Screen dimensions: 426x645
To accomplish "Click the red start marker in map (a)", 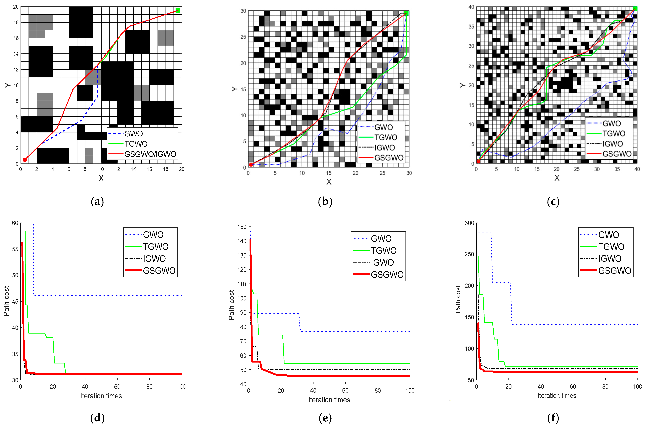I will coord(25,160).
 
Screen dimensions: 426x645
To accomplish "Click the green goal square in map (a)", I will coord(178,11).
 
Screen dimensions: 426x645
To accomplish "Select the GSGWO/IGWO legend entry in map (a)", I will coord(150,154).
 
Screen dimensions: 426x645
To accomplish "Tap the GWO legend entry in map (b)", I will coord(383,127).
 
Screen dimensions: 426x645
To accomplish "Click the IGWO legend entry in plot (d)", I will coord(154,259).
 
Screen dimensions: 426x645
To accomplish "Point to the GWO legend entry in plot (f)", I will coord(609,235).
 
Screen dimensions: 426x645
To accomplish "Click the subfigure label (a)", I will coord(97,202).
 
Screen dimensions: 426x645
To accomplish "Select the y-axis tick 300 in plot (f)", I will coord(469,223).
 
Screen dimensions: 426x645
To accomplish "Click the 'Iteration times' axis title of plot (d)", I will coord(101,396).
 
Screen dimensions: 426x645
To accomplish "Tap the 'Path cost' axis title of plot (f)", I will coord(458,299).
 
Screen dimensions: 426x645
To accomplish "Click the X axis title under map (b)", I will coord(329,182).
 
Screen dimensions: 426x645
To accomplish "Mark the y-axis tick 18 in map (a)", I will coord(16,23).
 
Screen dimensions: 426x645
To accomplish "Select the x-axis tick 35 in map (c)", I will coord(617,169).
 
